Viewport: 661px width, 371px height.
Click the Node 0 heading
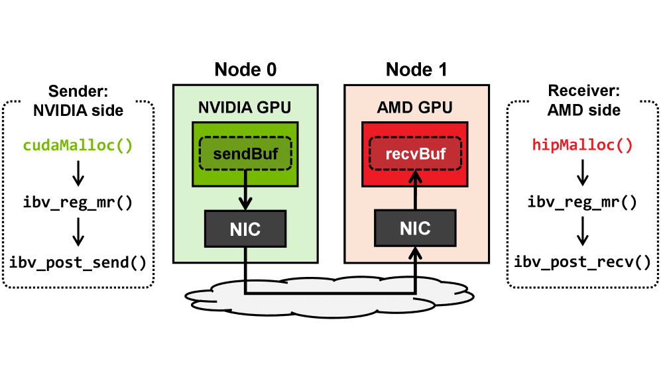click(x=245, y=70)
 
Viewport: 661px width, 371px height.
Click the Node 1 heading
click(x=416, y=70)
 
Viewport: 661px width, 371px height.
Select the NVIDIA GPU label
click(x=245, y=106)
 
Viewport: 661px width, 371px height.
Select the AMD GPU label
click(x=416, y=106)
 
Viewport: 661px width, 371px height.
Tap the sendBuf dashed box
click(x=245, y=154)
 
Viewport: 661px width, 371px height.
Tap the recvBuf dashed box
click(x=416, y=154)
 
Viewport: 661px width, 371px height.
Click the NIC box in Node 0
click(x=245, y=229)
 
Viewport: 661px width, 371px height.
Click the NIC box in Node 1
click(x=416, y=229)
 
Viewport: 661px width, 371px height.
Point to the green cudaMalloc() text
click(x=78, y=144)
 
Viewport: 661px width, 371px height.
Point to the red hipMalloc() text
click(x=582, y=144)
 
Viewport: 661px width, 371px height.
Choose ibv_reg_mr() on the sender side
click(x=78, y=202)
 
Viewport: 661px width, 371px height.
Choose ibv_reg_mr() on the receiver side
click(x=582, y=202)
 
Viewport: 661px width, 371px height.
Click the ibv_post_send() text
click(x=78, y=262)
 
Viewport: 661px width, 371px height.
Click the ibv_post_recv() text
click(x=582, y=262)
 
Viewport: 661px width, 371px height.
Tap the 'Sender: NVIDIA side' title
click(x=78, y=101)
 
